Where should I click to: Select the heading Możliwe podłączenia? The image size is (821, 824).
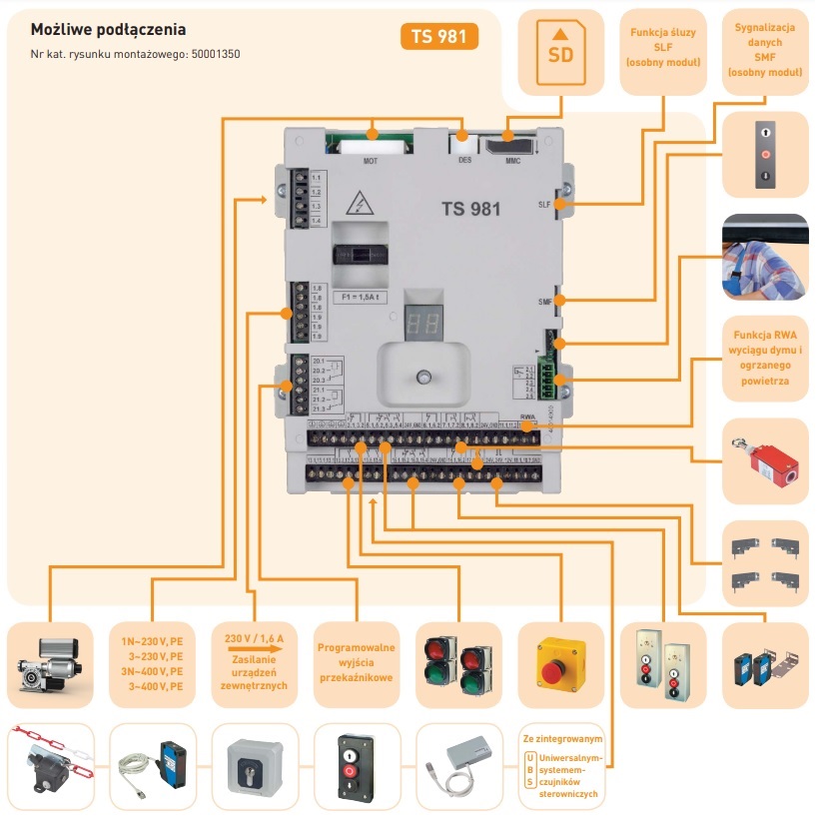(x=108, y=30)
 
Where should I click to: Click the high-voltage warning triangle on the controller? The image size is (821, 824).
(x=355, y=206)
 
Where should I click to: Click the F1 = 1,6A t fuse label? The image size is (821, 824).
(x=360, y=298)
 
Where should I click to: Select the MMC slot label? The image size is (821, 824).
(x=512, y=160)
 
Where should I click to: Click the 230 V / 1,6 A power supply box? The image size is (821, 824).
(x=255, y=660)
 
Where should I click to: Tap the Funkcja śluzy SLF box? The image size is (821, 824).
(x=663, y=47)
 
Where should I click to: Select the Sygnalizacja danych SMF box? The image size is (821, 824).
(x=765, y=47)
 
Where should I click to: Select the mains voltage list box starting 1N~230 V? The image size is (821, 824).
(x=151, y=660)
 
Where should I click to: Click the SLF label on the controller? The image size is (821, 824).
(x=544, y=204)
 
